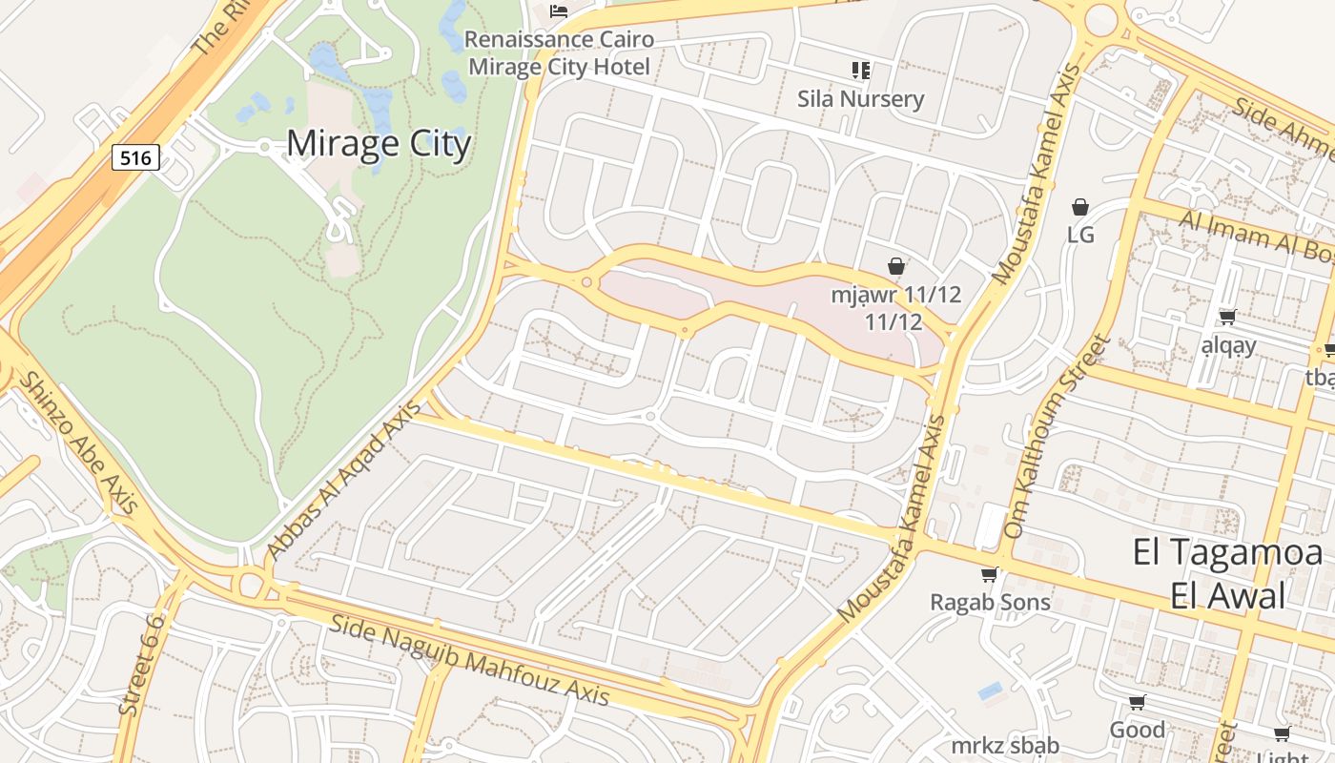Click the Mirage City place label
point(379,144)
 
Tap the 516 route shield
point(135,157)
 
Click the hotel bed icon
point(559,11)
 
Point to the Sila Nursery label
point(860,99)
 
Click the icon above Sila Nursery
point(861,70)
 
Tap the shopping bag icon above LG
point(1080,207)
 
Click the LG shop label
point(1080,235)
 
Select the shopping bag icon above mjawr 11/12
point(895,266)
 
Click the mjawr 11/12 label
point(894,307)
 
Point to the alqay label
point(1228,345)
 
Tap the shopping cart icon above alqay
point(1228,317)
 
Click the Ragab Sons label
point(990,602)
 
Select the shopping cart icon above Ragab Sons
point(990,574)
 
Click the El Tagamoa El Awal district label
point(1227,573)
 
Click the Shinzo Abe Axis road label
point(79,444)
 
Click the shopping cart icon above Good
point(1137,703)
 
